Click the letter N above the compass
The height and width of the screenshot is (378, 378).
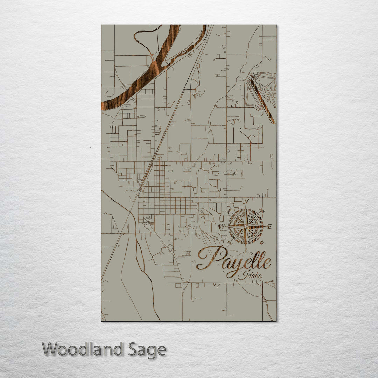click(x=246, y=202)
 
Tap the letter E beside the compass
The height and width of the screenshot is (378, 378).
click(x=269, y=226)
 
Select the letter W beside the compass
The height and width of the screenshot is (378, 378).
click(x=221, y=226)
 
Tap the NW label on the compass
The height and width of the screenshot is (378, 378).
click(x=230, y=211)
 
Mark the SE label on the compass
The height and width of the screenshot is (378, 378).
click(x=261, y=242)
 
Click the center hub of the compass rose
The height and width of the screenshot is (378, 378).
click(x=246, y=226)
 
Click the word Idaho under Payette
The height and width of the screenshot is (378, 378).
click(x=250, y=275)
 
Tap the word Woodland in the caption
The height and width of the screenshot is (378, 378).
click(x=83, y=349)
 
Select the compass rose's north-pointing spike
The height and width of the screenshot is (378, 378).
click(x=246, y=215)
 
